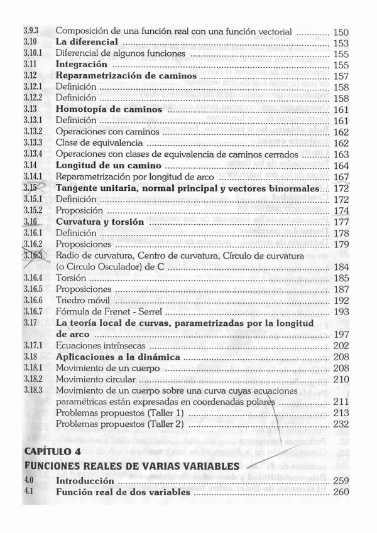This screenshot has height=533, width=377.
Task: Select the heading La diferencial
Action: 87,43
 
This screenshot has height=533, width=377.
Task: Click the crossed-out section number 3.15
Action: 31,188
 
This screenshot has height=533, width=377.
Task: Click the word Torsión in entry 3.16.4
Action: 71,278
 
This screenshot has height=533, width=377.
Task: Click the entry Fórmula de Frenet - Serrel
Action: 109,311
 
